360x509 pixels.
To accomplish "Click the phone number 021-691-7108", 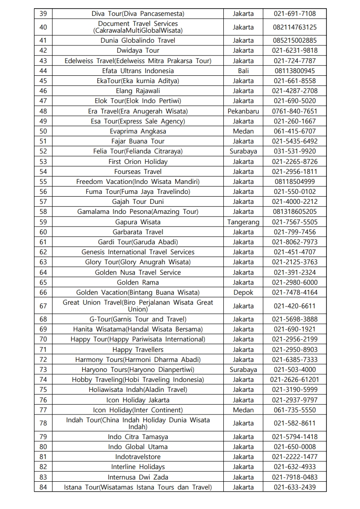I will [295, 14].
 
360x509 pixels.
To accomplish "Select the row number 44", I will [43, 71].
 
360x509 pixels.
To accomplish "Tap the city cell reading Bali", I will [243, 71].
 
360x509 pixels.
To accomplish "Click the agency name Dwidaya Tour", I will [138, 50].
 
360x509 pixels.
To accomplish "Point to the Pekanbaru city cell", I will [243, 111].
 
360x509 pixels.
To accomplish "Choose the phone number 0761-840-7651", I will [295, 111].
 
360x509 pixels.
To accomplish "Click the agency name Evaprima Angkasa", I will [138, 131].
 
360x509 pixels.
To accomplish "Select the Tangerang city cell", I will [243, 222].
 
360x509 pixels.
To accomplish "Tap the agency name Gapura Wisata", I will [138, 222].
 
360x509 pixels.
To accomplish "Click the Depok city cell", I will [243, 292].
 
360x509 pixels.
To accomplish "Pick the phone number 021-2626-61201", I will [295, 380].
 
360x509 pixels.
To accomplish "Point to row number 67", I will [43, 306].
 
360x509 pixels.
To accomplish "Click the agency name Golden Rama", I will [138, 282].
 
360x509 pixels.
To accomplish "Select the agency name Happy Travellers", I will [138, 350].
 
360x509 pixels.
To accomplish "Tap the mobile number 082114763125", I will [295, 27].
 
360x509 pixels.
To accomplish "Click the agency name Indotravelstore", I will [138, 457].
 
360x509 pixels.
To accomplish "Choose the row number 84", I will [43, 487].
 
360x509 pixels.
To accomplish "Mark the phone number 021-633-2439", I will [295, 487].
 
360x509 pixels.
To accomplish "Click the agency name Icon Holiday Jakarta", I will [138, 400].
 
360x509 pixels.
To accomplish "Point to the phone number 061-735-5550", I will [295, 410].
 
